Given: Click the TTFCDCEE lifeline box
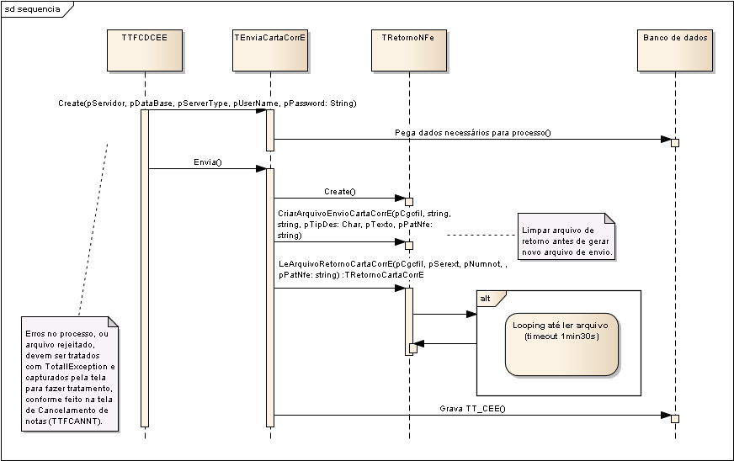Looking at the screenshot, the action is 145,50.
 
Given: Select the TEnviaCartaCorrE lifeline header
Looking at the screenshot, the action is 270,50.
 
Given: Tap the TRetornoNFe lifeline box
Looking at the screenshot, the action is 408,50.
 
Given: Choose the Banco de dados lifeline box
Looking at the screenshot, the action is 675,50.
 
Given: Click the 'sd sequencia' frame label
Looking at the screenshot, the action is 32,9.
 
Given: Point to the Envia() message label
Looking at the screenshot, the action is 208,162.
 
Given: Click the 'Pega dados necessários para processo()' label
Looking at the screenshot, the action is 473,133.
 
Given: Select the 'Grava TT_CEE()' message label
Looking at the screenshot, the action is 473,409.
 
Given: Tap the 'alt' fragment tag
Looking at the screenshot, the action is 486,298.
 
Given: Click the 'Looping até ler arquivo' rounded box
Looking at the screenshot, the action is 561,344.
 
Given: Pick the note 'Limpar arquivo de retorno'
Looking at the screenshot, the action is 566,236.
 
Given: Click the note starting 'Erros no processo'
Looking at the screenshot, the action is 70,374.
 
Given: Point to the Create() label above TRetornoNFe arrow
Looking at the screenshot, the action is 340,192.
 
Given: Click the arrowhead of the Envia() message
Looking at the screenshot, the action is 261,168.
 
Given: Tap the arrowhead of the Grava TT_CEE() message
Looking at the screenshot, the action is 666,415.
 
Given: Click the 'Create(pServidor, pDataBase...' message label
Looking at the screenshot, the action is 207,103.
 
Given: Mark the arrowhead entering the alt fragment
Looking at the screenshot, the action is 472,314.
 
